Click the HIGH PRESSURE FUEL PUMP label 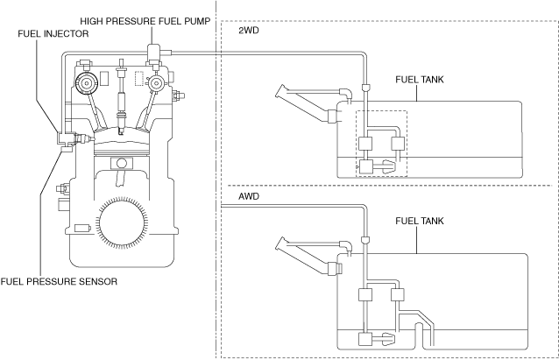pos(145,21)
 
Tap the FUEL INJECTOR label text pos(53,34)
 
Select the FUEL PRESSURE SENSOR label pos(59,281)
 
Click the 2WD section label pos(249,31)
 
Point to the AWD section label pos(249,196)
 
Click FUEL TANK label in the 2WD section pos(420,80)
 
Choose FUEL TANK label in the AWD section pos(420,221)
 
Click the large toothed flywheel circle pos(122,222)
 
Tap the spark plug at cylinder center pos(122,97)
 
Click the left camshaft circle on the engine pos(86,83)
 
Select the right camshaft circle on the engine pos(156,83)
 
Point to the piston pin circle pos(122,163)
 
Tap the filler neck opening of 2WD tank pos(280,91)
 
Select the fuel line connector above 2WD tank pos(365,87)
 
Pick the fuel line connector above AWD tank pos(365,239)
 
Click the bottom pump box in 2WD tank pos(365,166)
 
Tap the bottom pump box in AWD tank pos(365,339)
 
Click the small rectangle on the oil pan pos(82,228)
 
